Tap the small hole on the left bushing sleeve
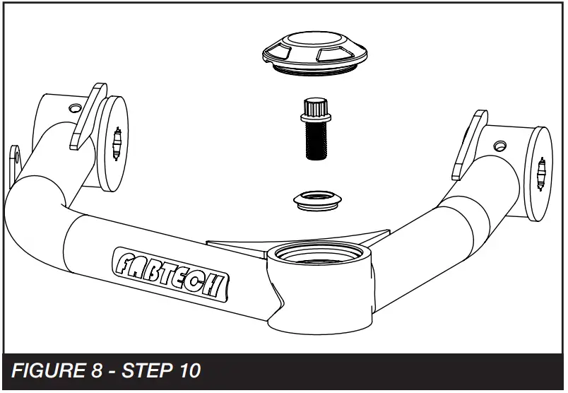(x=73, y=109)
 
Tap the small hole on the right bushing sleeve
(x=500, y=146)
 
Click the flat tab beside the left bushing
(x=87, y=117)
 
